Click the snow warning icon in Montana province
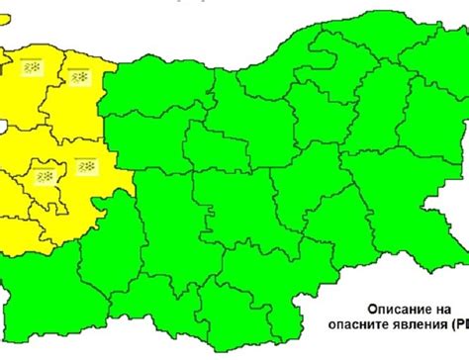32,68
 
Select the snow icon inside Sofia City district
45,175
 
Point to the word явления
418,324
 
